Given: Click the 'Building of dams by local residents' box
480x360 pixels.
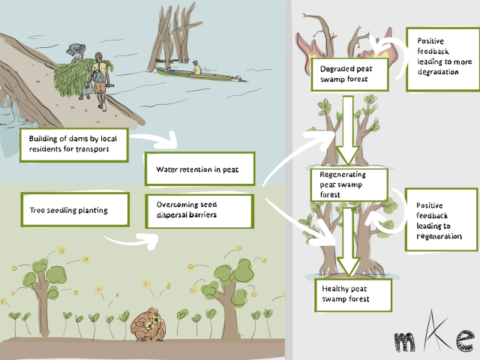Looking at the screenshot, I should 74,143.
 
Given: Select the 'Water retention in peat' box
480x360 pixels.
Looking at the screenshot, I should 199,169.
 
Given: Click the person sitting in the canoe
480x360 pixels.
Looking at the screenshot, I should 196,68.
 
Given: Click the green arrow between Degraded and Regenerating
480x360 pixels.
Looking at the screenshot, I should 347,127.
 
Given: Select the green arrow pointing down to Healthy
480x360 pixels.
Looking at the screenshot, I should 346,240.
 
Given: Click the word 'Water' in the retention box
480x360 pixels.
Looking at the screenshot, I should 166,169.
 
